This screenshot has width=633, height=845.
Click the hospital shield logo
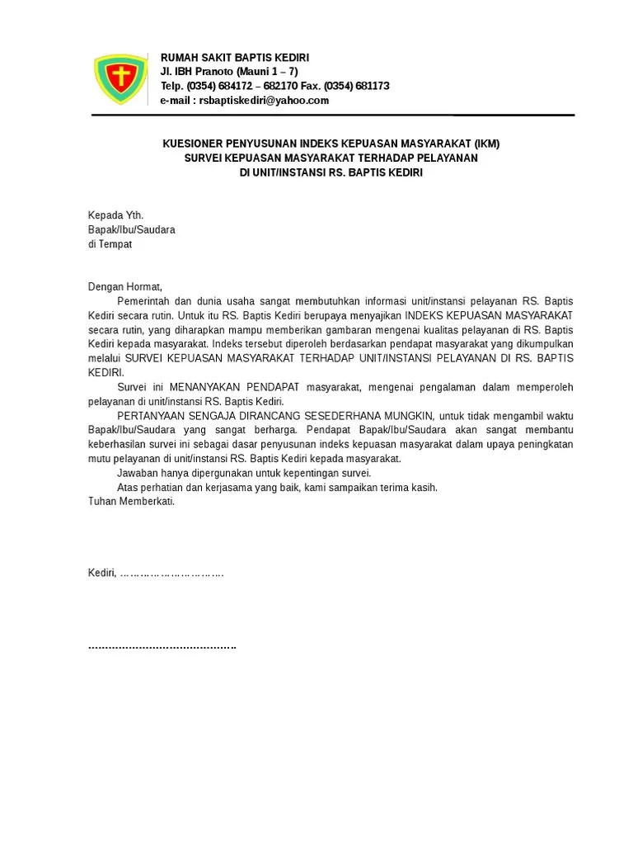[x=121, y=79]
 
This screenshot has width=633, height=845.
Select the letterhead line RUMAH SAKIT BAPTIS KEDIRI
[x=235, y=58]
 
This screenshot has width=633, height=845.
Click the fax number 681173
[x=372, y=86]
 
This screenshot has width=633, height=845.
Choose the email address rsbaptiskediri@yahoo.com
[x=263, y=101]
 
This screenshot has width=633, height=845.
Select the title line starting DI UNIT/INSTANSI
[x=331, y=172]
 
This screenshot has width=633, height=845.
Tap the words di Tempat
[x=110, y=244]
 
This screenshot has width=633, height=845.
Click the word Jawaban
[x=137, y=473]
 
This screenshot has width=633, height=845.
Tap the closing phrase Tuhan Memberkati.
[x=132, y=502]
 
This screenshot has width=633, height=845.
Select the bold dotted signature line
[x=162, y=646]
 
